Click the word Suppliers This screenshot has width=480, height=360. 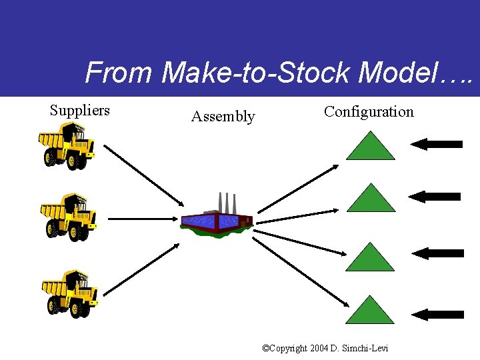tap(80, 111)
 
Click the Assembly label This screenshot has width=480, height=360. tap(223, 117)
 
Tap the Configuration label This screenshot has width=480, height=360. tap(369, 112)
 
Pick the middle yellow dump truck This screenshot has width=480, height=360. tap(69, 217)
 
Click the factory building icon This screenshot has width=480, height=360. tap(217, 220)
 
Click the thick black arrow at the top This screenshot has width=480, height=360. tap(437, 143)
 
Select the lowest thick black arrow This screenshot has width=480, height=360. tap(438, 314)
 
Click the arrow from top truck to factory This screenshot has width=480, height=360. tap(143, 175)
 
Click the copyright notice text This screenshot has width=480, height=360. tap(325, 348)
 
